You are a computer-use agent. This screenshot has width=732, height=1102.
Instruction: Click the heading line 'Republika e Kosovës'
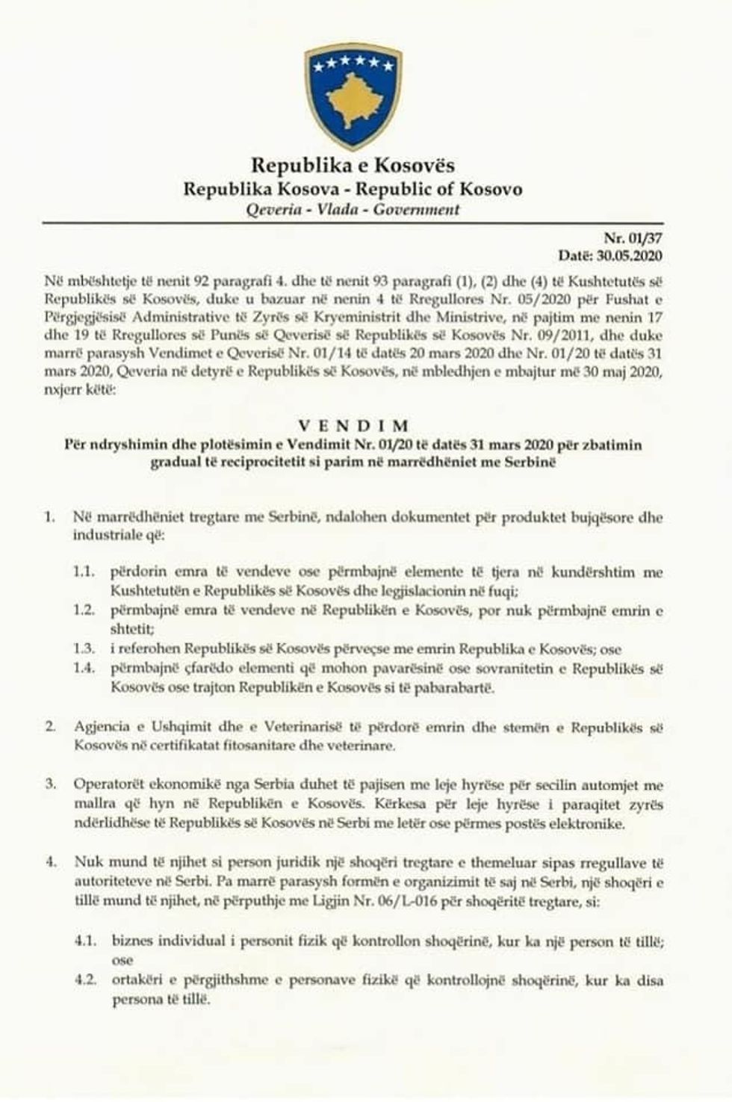(353, 165)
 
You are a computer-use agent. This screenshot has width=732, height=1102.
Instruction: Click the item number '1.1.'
(84, 573)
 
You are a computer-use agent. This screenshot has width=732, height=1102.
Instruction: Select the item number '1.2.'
(84, 610)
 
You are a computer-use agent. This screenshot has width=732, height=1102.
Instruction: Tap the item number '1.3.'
(84, 649)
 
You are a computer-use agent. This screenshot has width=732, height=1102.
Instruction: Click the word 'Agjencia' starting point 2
(102, 727)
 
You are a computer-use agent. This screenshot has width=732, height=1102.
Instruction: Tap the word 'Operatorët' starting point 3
(109, 785)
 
